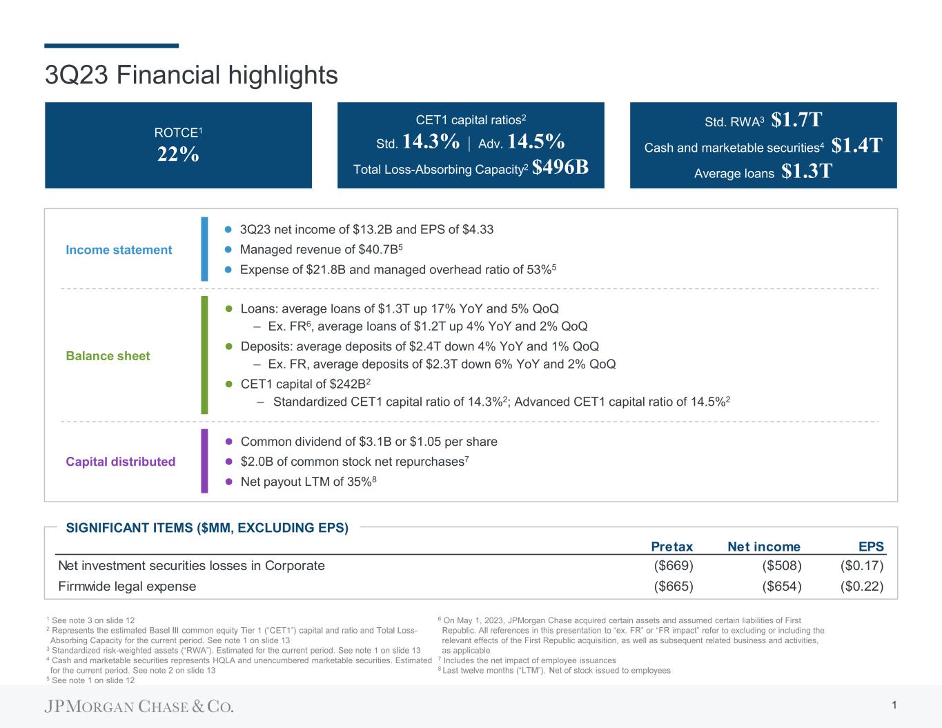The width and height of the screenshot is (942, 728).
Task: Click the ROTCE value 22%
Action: tap(178, 155)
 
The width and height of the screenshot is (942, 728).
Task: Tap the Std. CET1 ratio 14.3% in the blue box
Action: tap(430, 141)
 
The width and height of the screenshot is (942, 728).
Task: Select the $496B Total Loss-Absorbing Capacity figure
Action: tap(560, 168)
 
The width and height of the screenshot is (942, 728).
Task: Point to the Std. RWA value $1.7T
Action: tap(796, 120)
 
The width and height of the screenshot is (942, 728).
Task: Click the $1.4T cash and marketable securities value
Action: tap(857, 146)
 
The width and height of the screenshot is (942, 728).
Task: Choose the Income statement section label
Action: tap(119, 250)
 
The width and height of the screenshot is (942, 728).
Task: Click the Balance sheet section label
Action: tap(108, 356)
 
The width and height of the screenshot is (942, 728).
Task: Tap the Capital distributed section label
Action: tap(120, 462)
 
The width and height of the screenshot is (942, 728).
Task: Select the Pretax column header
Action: tap(671, 547)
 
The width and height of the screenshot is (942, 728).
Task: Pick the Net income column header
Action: tap(764, 547)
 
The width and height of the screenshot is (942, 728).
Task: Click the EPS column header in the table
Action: tap(871, 547)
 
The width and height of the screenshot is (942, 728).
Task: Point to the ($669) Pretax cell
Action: tap(673, 566)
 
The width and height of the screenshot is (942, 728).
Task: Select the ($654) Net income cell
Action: tap(781, 587)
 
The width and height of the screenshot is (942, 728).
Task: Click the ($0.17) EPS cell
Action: tap(862, 566)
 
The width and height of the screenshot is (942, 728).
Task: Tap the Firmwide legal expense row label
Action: tap(127, 587)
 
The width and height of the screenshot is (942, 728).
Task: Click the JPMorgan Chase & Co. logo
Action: tap(139, 707)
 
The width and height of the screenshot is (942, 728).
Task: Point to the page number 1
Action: tap(894, 705)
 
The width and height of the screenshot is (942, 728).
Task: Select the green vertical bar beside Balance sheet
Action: tap(204, 355)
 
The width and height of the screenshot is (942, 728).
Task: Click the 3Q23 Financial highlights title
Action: tap(191, 75)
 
